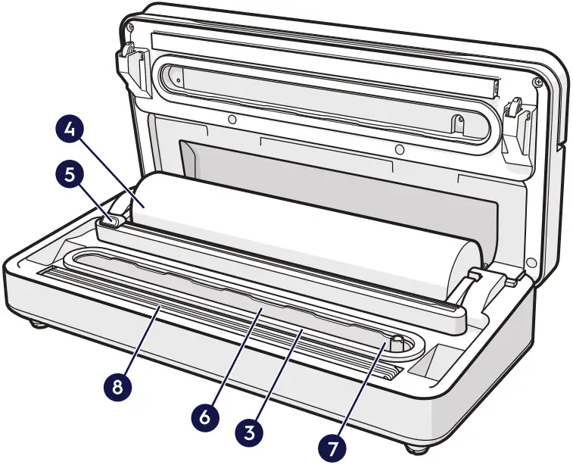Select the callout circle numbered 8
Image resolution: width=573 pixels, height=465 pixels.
pyautogui.click(x=116, y=385)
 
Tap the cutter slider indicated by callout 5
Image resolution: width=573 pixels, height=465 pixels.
pyautogui.click(x=111, y=220)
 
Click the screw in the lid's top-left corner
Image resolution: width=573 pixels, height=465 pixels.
pyautogui.click(x=132, y=29)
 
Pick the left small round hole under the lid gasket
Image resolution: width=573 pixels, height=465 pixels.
pyautogui.click(x=232, y=120)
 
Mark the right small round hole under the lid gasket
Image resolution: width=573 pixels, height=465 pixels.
pyautogui.click(x=397, y=148)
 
